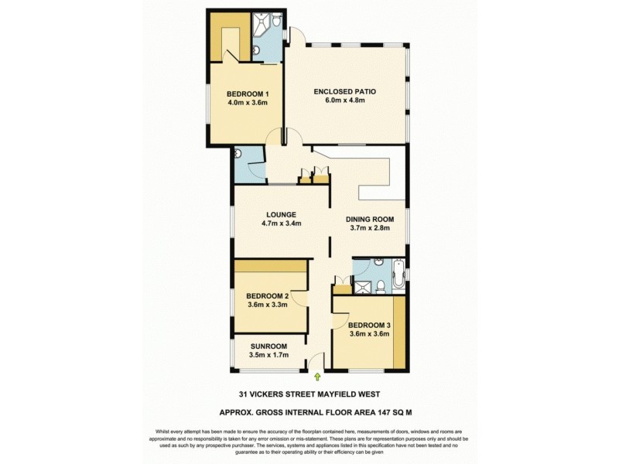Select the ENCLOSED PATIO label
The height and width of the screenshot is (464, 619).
pyautogui.click(x=344, y=91)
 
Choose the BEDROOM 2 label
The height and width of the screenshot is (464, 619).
pyautogui.click(x=267, y=295)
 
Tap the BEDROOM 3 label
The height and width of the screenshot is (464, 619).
pyautogui.click(x=369, y=325)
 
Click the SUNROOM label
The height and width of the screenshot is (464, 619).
pyautogui.click(x=268, y=346)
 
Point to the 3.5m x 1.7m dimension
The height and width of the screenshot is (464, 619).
pyautogui.click(x=268, y=355)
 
